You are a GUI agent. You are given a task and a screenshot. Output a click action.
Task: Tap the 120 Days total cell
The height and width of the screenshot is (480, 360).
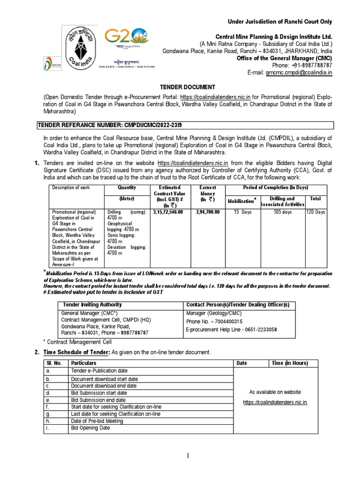[315, 212]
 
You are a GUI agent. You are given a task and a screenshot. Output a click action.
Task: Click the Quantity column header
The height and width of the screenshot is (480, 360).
[127, 187]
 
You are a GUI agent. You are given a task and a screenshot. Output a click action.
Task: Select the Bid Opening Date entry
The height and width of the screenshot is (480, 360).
[90, 428]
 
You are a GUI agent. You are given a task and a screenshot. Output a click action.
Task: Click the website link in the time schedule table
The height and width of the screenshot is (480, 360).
[275, 402]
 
